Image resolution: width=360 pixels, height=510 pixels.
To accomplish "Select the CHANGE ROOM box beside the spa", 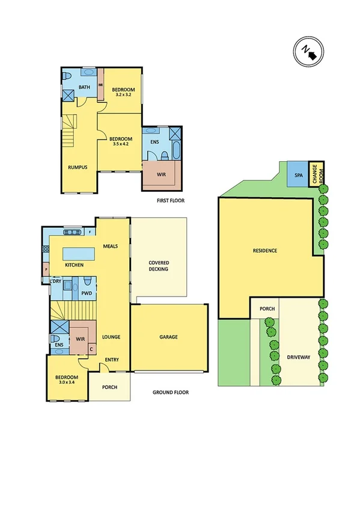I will (x=316, y=174).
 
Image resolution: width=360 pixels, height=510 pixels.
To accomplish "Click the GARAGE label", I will (x=168, y=337).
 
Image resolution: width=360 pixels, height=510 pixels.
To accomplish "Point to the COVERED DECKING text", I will (x=159, y=266).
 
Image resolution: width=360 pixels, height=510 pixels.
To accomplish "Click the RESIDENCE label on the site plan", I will (x=264, y=250).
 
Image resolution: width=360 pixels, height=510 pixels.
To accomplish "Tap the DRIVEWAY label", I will (x=298, y=357).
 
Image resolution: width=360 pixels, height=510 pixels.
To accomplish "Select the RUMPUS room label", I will (x=76, y=167).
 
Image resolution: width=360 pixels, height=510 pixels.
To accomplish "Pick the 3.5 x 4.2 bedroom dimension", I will (x=121, y=144).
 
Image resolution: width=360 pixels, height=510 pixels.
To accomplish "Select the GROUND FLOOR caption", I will (x=170, y=392).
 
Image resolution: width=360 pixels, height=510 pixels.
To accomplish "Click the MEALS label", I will (x=110, y=246).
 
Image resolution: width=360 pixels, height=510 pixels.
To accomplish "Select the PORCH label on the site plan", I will (x=267, y=309).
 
